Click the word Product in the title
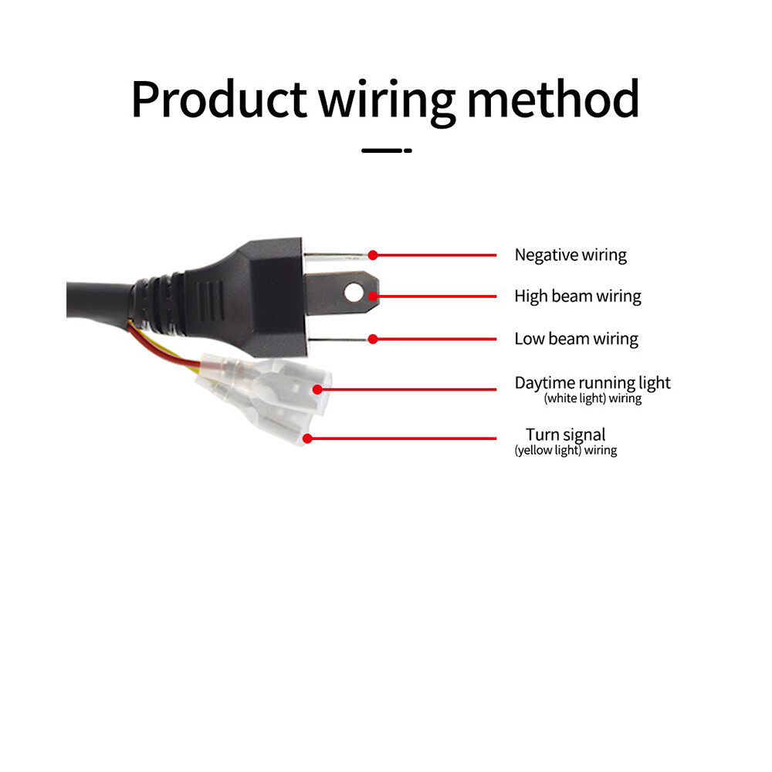[x=218, y=99]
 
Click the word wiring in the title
[x=388, y=102]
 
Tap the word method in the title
[x=553, y=99]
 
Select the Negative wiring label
[x=571, y=255]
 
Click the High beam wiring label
[x=577, y=296]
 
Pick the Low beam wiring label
[x=576, y=339]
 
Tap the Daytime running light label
[x=592, y=383]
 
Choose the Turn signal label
[x=565, y=435]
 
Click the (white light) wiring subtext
[x=593, y=398]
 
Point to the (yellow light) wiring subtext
[x=566, y=450]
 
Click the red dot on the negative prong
[x=373, y=255]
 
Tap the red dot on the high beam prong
[x=373, y=296]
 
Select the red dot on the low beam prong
[x=373, y=339]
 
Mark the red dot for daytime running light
[x=317, y=389]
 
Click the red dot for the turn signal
[x=307, y=438]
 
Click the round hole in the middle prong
[x=354, y=293]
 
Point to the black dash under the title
[x=387, y=151]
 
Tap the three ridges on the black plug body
[x=210, y=301]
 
